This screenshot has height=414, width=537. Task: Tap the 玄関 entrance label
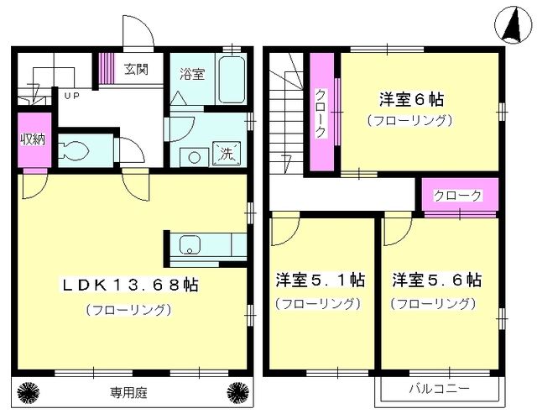click(137, 69)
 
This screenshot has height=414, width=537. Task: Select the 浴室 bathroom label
click(190, 74)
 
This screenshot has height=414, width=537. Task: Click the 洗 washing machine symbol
click(227, 153)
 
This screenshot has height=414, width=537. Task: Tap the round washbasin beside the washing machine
click(193, 156)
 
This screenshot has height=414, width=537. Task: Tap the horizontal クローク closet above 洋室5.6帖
click(458, 196)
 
